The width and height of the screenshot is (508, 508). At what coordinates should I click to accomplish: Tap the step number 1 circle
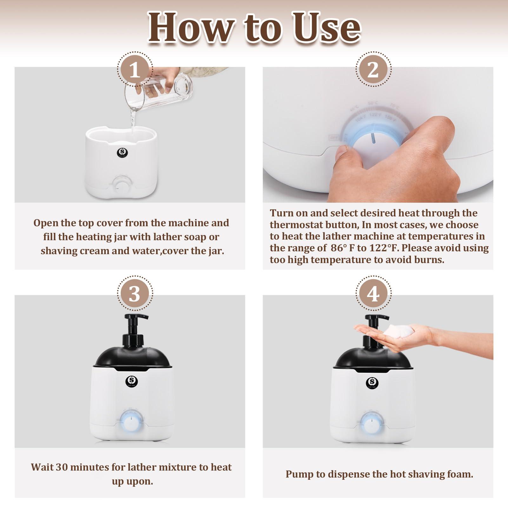pos(135,70)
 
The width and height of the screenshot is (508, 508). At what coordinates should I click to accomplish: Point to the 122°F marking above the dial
pos(375,115)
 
